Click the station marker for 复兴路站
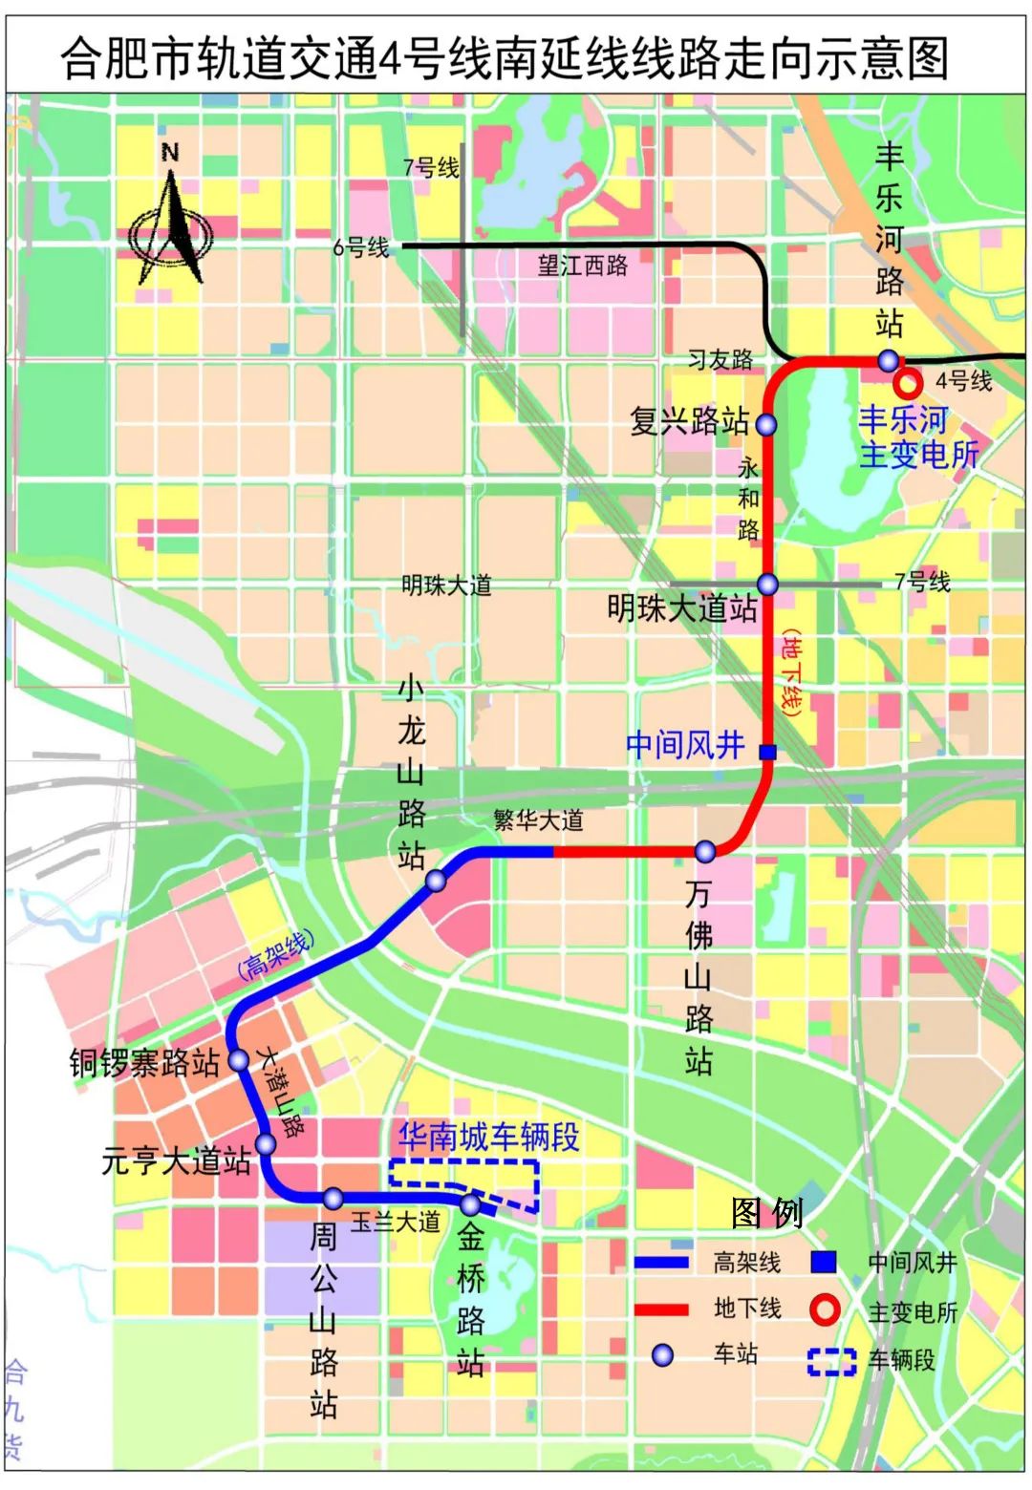766,424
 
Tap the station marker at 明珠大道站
768,585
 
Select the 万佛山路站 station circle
705,851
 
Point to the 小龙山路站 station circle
436,881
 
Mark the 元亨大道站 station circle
266,1143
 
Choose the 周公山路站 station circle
333,1199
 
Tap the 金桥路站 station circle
470,1204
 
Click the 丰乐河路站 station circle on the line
889,361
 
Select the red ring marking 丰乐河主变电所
907,384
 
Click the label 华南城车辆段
488,1137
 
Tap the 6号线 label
361,247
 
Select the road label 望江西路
582,266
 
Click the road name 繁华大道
538,820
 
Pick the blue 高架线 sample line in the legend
661,1263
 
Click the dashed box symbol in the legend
830,1360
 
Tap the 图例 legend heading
766,1213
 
